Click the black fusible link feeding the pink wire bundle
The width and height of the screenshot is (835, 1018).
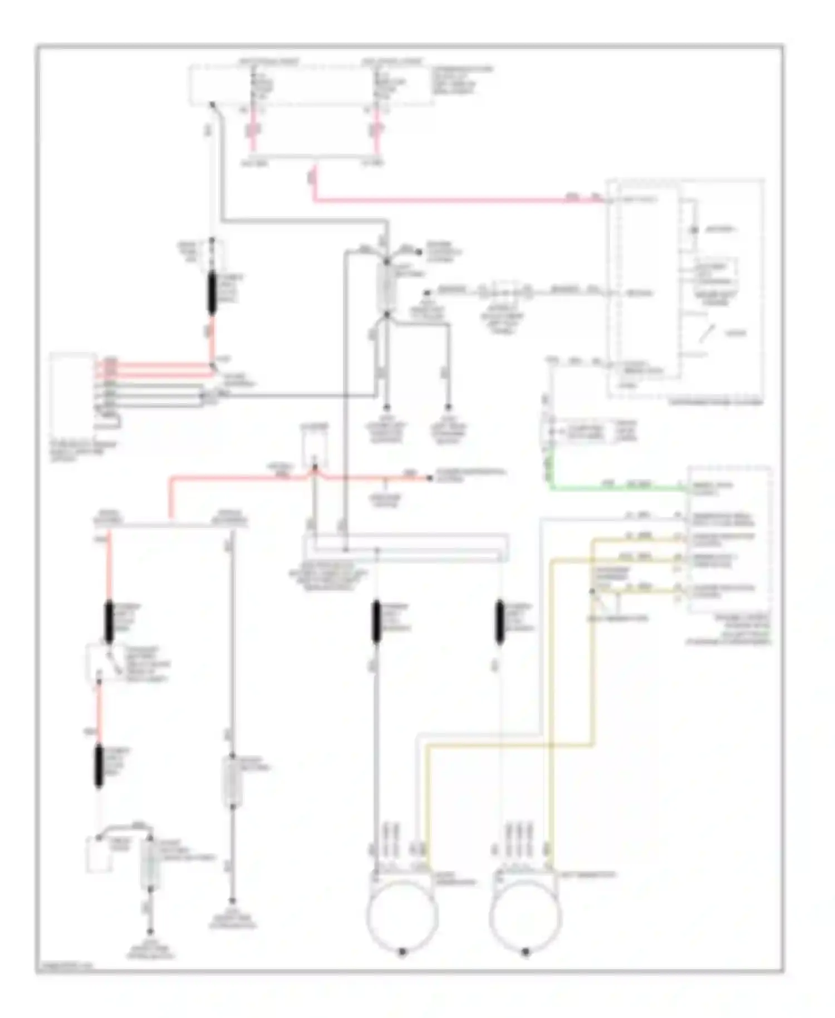212,293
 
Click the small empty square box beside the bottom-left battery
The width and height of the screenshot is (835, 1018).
98,855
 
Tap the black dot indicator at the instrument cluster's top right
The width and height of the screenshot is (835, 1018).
694,229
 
